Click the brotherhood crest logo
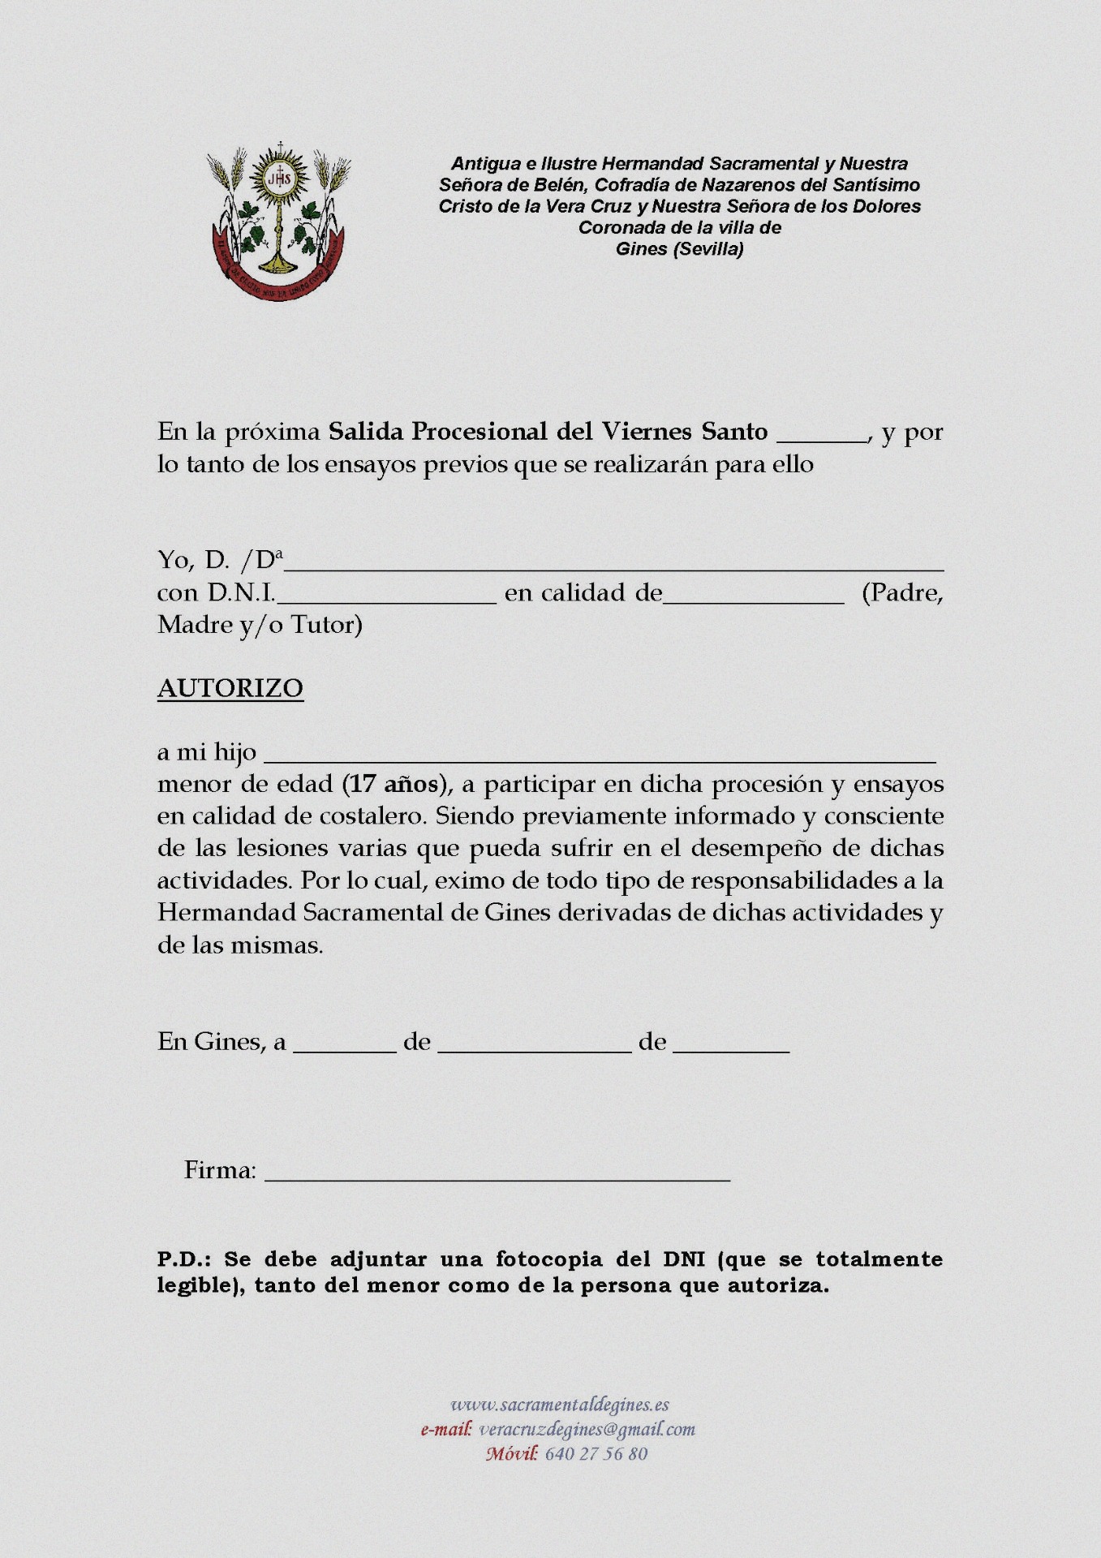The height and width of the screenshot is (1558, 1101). tap(278, 221)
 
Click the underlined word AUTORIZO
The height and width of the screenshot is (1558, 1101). tap(230, 688)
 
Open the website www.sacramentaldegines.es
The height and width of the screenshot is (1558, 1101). tap(560, 1405)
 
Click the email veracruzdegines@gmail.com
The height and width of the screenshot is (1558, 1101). tap(587, 1429)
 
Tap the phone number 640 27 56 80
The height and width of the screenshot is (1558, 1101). tap(596, 1453)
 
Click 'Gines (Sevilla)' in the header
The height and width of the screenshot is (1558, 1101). tap(680, 249)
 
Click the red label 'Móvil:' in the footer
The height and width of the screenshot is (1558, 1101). tap(512, 1453)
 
